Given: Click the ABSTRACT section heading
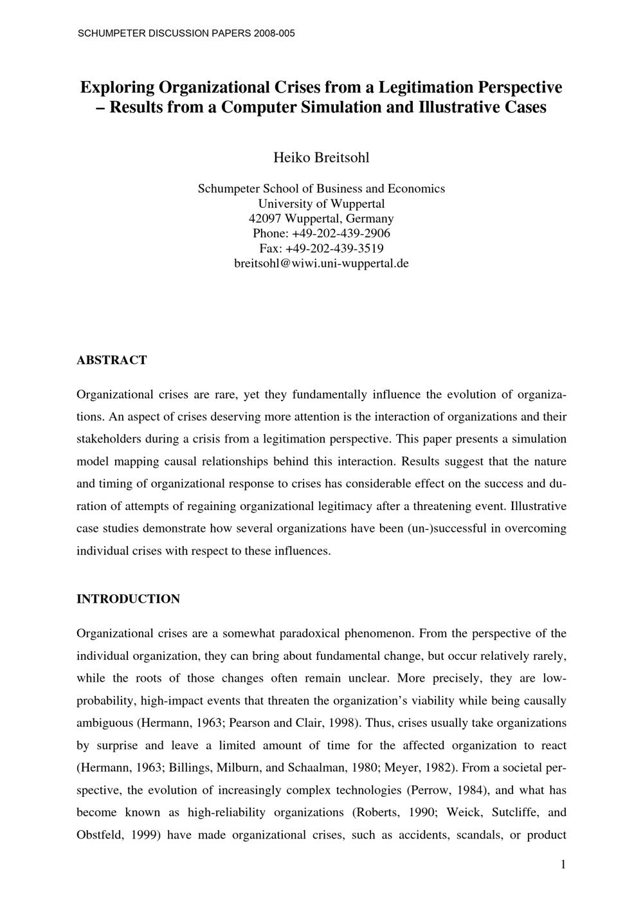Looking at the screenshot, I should [x=111, y=360].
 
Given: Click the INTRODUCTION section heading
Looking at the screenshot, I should [x=128, y=599].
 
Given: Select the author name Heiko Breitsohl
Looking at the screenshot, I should [x=321, y=158].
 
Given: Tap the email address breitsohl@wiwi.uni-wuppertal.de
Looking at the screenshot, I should [x=321, y=263].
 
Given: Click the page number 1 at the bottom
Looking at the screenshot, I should [x=563, y=864].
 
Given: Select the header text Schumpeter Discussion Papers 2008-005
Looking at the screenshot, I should [x=186, y=33].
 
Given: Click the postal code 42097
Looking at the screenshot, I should [x=266, y=219].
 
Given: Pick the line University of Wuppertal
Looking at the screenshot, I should [x=321, y=204].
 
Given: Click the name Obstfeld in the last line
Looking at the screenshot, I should [x=99, y=835].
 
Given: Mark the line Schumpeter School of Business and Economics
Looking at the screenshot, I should [x=321, y=189].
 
